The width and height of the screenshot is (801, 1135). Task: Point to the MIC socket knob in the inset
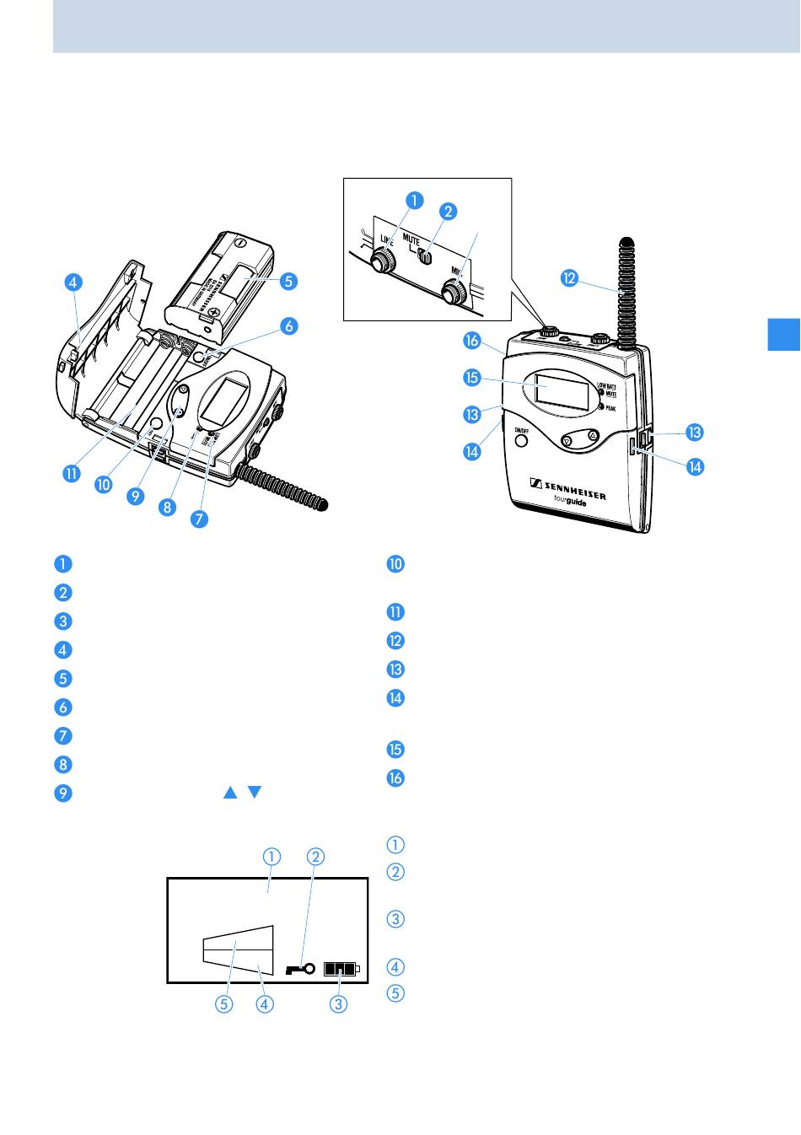[x=455, y=293]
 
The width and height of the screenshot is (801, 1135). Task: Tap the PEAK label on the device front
[x=611, y=407]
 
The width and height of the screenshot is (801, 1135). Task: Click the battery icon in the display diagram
[x=341, y=969]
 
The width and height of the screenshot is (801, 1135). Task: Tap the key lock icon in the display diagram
[x=301, y=969]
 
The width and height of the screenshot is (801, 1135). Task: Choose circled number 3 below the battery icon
[x=339, y=1004]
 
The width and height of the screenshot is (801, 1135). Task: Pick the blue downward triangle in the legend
[x=255, y=793]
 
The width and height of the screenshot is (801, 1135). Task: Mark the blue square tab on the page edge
[x=784, y=333]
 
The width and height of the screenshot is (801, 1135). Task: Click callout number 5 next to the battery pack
[x=288, y=281]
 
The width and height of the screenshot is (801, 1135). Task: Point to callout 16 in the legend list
[x=395, y=777]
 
